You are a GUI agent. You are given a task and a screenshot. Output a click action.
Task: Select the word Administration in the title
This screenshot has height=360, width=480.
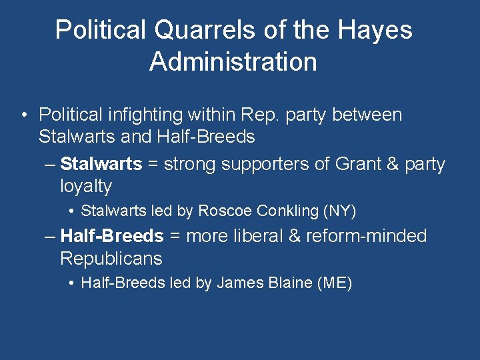pyautogui.click(x=233, y=62)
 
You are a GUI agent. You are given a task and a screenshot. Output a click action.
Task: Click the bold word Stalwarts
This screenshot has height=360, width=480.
pyautogui.click(x=101, y=164)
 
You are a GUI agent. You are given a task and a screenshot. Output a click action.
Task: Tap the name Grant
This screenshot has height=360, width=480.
pyautogui.click(x=356, y=164)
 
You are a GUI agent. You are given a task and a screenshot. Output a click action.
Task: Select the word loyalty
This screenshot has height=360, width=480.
pyautogui.click(x=86, y=186)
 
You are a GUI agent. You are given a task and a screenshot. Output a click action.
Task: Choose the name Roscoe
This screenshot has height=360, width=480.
pyautogui.click(x=225, y=211)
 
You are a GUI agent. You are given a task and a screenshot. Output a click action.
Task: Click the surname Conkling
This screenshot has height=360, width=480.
pyautogui.click(x=287, y=211)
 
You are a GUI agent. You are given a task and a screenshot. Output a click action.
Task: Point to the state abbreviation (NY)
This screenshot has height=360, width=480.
pyautogui.click(x=340, y=211)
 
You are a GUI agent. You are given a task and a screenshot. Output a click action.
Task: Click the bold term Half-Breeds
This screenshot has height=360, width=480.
pyautogui.click(x=111, y=236)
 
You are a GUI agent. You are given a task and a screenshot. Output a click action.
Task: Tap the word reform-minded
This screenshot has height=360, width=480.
pyautogui.click(x=366, y=236)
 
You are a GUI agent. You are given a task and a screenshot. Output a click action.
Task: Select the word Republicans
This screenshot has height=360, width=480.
pyautogui.click(x=111, y=259)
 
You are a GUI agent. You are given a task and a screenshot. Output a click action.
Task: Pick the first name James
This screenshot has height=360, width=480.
pyautogui.click(x=237, y=283)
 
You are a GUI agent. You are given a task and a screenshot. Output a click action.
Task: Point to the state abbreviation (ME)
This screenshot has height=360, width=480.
pyautogui.click(x=335, y=283)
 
